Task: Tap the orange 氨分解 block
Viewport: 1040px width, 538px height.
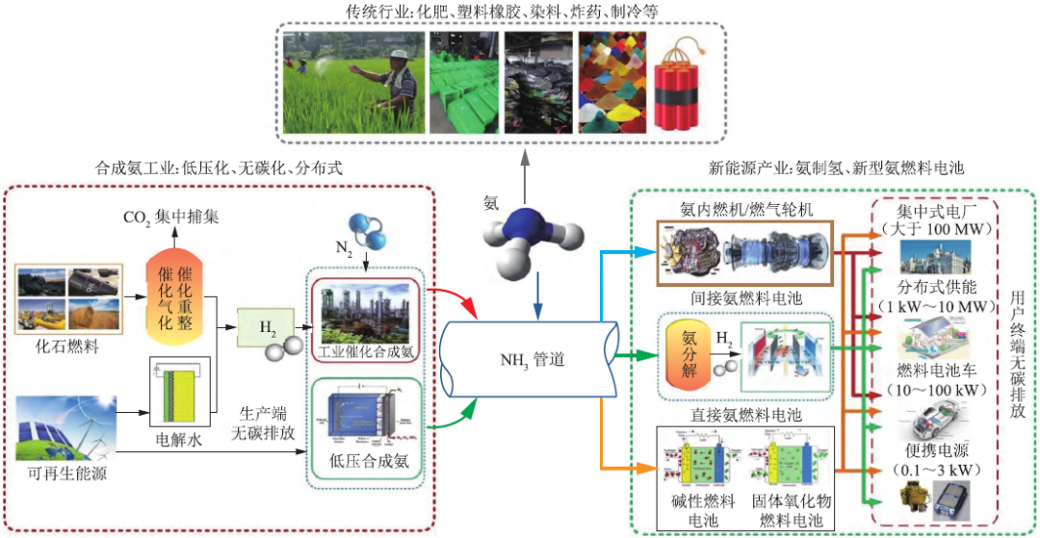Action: click(x=683, y=350)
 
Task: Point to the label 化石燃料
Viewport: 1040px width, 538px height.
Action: click(x=67, y=341)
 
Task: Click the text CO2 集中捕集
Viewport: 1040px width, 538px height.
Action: click(x=170, y=218)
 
